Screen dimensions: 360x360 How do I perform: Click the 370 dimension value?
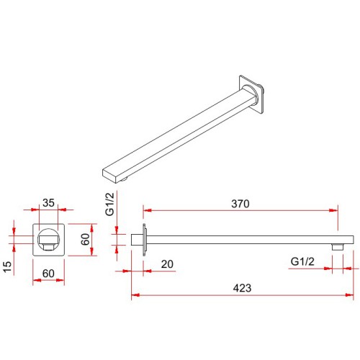[x=240, y=204]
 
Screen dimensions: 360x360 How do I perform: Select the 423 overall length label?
[x=242, y=288]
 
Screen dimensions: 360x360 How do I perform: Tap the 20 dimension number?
[x=167, y=264]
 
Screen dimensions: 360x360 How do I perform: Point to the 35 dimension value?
[x=48, y=203]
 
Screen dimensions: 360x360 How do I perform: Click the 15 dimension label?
[x=7, y=266]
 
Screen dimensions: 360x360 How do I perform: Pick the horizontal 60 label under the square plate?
[x=48, y=274]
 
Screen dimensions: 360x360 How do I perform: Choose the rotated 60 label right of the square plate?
[x=85, y=239]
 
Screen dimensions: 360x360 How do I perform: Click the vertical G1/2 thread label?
[x=109, y=204]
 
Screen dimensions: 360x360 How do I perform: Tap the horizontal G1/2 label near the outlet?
[x=302, y=261]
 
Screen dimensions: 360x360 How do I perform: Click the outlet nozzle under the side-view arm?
[x=338, y=247]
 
